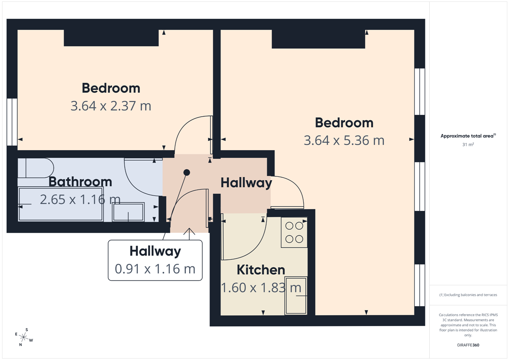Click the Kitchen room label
(261, 270)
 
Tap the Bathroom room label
(81, 182)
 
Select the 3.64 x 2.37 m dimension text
(111, 106)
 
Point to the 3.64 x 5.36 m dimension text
(344, 140)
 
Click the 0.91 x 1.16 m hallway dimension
(155, 269)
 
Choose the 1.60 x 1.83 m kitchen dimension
(261, 287)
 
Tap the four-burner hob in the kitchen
(294, 232)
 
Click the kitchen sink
(296, 296)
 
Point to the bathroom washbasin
(129, 212)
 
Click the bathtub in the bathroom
(61, 204)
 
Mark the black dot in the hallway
(187, 173)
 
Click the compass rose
(24, 337)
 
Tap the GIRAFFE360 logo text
(468, 345)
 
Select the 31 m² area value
(468, 145)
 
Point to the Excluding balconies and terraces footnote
(468, 295)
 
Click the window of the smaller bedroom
(12, 122)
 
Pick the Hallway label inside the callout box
(155, 251)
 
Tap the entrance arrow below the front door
(189, 234)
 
